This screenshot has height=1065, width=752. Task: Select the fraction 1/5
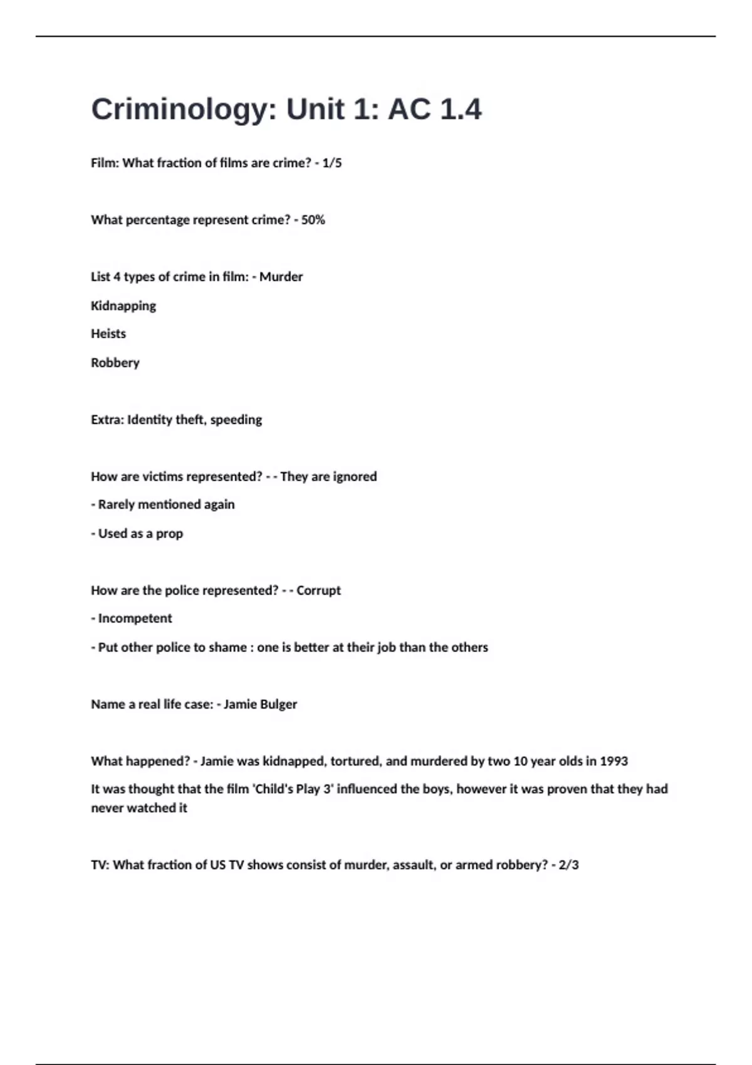coord(332,163)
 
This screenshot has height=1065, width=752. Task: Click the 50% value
coord(313,220)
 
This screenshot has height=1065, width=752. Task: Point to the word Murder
coord(281,277)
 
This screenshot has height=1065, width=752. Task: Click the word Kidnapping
coord(123,306)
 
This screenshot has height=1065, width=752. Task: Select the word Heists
coord(108,334)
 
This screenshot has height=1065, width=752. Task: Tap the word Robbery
coord(115,363)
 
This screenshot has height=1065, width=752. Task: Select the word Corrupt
coord(318,591)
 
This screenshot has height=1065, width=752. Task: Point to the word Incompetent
coord(135,618)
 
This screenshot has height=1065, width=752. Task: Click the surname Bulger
coord(278,704)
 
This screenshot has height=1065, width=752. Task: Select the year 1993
coord(614,761)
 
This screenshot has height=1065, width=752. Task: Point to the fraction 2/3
coord(568,865)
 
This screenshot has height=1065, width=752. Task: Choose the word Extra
coord(107,420)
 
